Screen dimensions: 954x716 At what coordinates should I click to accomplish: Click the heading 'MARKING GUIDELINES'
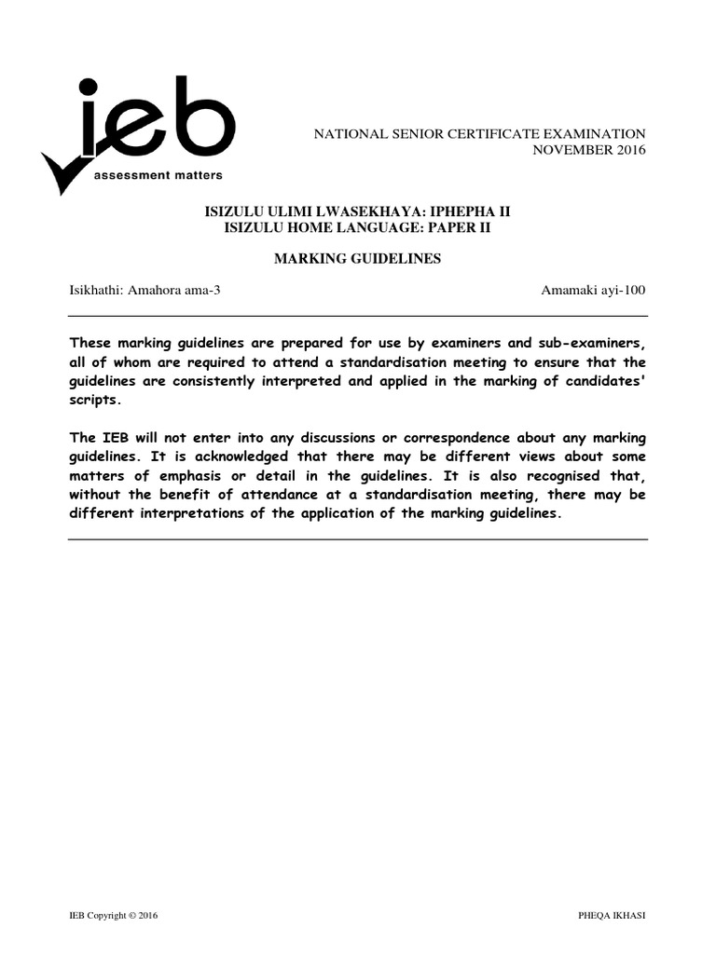click(356, 259)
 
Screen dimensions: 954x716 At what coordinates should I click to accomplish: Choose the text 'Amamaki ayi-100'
click(593, 290)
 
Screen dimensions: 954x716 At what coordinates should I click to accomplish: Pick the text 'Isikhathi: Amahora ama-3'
click(145, 290)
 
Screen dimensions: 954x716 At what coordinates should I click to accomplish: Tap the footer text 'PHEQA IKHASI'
click(612, 916)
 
